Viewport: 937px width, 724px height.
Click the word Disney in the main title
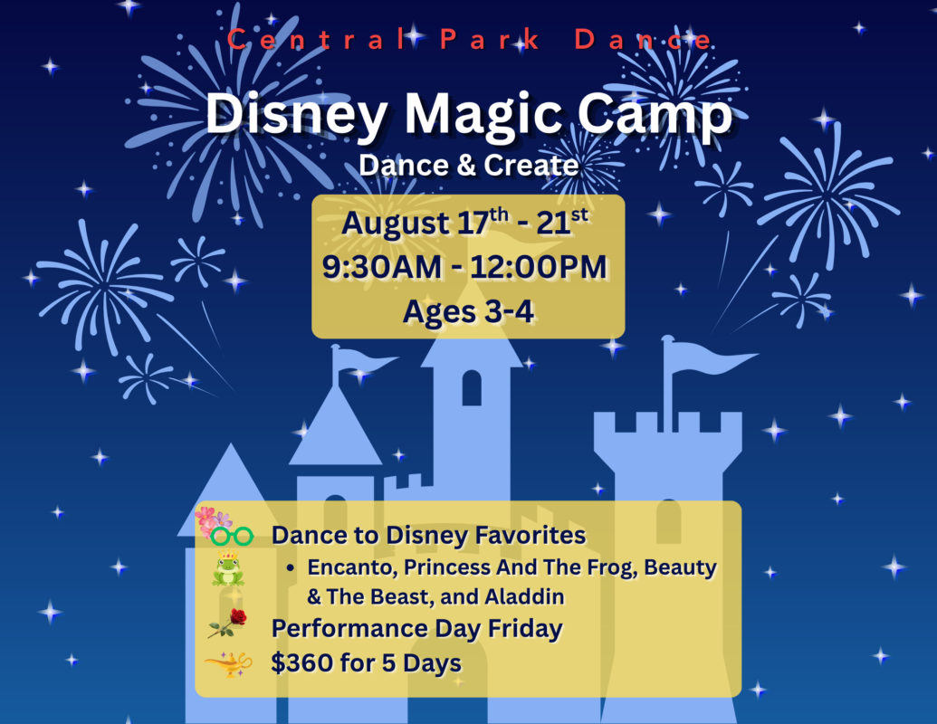point(296,115)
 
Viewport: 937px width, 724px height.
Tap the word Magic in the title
point(483,115)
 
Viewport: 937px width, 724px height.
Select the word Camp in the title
point(655,115)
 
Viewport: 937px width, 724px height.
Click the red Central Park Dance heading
point(470,40)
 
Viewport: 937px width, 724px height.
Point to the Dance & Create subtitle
point(469,166)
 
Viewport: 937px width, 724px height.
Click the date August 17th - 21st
point(465,223)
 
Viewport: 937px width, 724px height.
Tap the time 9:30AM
point(382,266)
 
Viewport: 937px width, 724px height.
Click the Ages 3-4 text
point(468,312)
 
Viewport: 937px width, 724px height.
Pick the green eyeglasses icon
point(232,536)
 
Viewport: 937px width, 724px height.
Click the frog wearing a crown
point(227,568)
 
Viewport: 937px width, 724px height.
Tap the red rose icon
point(227,623)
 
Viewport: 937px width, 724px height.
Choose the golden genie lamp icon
point(228,663)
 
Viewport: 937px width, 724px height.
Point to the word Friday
point(525,629)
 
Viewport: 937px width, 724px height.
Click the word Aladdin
point(524,596)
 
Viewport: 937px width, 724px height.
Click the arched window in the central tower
point(472,387)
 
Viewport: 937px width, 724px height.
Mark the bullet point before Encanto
point(291,567)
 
